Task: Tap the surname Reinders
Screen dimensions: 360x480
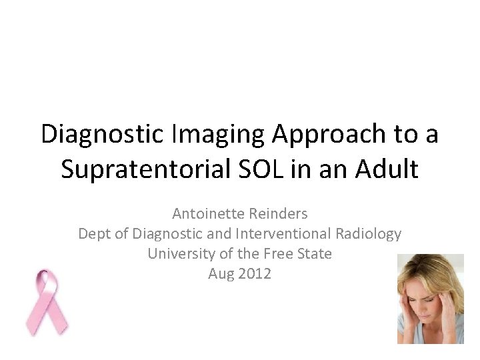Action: point(279,214)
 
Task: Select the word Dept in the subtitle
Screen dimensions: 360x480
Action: point(94,234)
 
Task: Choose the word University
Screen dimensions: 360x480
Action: point(179,254)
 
